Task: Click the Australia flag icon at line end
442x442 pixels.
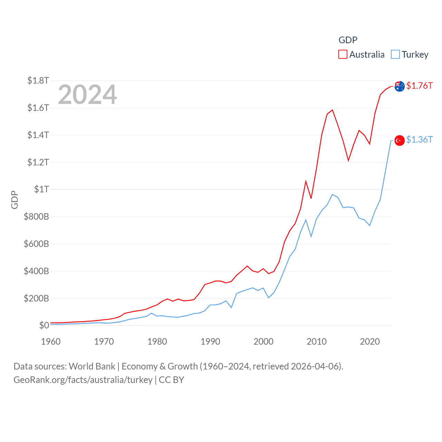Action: tap(400, 86)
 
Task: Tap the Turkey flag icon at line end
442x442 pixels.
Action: tap(400, 141)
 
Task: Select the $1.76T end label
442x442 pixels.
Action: tap(419, 86)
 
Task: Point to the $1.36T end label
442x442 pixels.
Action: tap(419, 140)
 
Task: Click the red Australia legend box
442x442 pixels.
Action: tap(343, 55)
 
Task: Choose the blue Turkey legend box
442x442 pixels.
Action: tap(395, 55)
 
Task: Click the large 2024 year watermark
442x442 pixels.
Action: tap(87, 95)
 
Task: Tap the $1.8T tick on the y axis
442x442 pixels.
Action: tap(38, 81)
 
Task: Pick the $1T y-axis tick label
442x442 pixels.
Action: tap(41, 189)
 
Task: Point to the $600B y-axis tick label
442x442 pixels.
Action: tap(36, 244)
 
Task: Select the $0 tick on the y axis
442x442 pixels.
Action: tap(44, 325)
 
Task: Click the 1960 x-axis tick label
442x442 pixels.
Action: tap(51, 342)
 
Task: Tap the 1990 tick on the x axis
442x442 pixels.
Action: tap(210, 342)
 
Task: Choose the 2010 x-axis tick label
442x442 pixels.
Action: tap(317, 342)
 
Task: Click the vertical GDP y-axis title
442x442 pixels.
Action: tap(15, 200)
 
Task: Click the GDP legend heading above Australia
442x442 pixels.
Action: tap(348, 40)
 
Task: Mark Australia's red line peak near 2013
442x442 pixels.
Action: tap(332, 110)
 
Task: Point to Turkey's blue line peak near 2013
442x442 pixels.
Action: tap(332, 195)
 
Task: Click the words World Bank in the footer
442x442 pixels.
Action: tap(92, 366)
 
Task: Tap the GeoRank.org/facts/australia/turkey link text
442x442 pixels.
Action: tap(83, 380)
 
